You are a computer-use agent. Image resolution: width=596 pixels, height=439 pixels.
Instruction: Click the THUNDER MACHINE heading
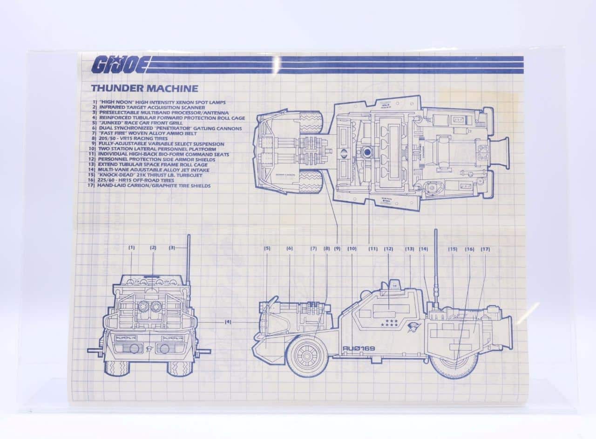click(144, 89)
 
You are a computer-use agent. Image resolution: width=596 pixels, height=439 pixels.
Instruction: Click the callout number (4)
click(228, 322)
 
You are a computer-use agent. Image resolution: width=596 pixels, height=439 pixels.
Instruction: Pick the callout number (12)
click(388, 249)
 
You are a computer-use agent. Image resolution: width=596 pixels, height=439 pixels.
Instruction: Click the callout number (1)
click(132, 247)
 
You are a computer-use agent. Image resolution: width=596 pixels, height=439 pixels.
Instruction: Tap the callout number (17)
click(485, 249)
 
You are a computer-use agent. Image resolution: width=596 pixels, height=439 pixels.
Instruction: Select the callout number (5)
click(267, 248)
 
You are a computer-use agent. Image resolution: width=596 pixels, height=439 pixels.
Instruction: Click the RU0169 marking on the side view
click(359, 348)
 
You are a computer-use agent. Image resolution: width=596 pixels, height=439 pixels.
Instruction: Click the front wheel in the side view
click(307, 356)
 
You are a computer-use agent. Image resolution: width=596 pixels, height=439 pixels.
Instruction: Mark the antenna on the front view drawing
click(189, 259)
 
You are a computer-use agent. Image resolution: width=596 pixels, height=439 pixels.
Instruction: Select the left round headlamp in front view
click(144, 306)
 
